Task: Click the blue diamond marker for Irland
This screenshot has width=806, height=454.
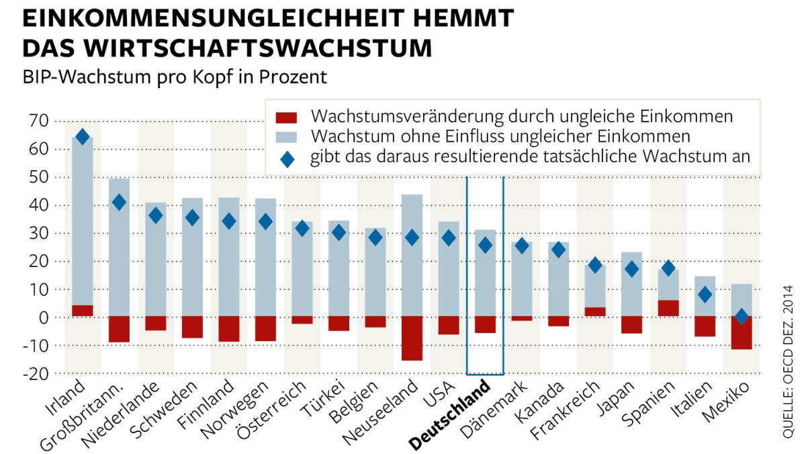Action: point(83,137)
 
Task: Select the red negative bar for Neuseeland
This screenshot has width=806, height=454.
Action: point(412,338)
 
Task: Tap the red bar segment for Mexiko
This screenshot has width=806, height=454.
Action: point(741,332)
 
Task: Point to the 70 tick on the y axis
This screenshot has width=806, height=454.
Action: point(38,121)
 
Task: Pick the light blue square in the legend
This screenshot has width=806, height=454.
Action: point(285,137)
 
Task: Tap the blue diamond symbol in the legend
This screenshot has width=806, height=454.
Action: point(285,159)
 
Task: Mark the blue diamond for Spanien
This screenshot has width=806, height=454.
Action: point(668,268)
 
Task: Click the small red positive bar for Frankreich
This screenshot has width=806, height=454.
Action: point(594,311)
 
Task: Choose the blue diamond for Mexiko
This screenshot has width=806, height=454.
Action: point(741,317)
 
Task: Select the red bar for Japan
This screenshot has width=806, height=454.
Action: point(631,324)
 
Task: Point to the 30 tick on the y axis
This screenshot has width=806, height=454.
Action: point(38,233)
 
